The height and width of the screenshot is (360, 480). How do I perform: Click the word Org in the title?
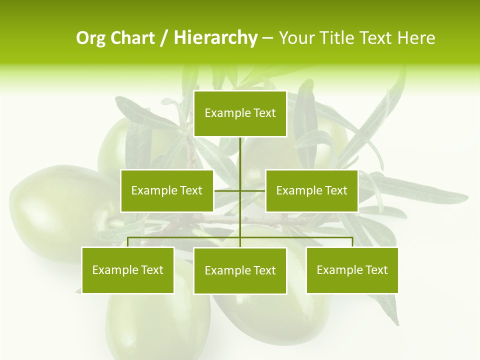tap(91, 38)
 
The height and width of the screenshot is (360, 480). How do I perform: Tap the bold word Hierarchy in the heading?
tap(215, 38)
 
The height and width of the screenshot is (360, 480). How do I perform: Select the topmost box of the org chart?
tap(240, 113)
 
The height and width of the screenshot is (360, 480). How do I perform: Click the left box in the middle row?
tap(167, 190)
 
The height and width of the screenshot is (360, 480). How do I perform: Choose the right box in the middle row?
tap(311, 190)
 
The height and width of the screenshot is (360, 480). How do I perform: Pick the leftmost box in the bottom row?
tap(128, 270)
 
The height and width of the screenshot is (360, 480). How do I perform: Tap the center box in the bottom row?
tap(240, 271)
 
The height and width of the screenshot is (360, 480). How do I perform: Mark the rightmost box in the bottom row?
tap(352, 270)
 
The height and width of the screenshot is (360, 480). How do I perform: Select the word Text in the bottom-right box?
tap(376, 270)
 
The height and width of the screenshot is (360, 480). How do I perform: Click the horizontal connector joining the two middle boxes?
tap(252, 190)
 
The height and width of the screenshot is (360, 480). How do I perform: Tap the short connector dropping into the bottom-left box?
tap(128, 242)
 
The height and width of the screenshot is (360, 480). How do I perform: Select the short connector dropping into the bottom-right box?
tap(352, 242)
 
